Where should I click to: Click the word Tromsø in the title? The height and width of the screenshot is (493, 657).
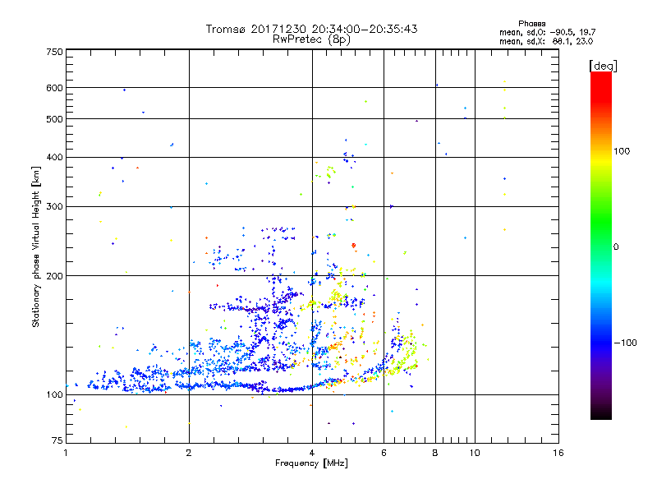click(225, 29)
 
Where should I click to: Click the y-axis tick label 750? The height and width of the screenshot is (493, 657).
click(54, 52)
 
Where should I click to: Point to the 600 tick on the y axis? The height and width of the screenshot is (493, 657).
click(54, 88)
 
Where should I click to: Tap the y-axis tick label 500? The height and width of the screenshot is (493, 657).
click(54, 119)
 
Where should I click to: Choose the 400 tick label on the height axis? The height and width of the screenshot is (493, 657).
click(54, 157)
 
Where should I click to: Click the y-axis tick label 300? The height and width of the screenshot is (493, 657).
click(54, 206)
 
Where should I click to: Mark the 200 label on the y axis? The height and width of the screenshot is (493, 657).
click(54, 276)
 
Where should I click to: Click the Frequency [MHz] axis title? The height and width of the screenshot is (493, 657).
click(311, 464)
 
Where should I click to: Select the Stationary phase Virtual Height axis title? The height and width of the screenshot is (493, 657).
click(36, 247)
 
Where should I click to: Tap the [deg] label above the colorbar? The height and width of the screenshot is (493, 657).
click(603, 65)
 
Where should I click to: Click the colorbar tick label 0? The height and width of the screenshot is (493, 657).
click(616, 246)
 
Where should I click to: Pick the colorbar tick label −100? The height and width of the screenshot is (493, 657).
click(626, 343)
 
